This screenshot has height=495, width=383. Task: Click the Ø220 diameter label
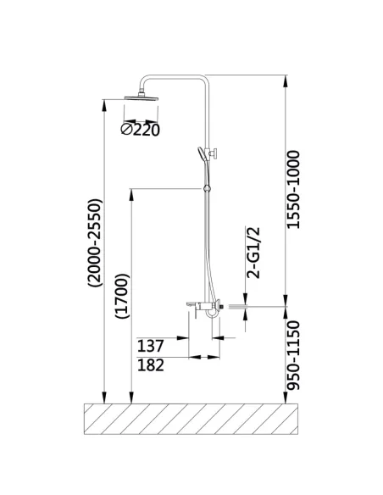point(141,130)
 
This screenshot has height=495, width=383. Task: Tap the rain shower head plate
point(142,98)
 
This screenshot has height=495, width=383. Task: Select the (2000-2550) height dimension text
point(95,242)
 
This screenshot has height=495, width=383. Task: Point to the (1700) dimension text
point(122,296)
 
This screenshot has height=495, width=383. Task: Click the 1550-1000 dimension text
point(293,189)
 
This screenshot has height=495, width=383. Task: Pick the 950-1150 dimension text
point(293,355)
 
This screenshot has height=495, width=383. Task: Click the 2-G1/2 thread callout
point(253,253)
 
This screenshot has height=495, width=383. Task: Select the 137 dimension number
point(151,346)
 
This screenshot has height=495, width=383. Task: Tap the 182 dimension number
point(151,365)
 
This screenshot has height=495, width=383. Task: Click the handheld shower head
point(201,153)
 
